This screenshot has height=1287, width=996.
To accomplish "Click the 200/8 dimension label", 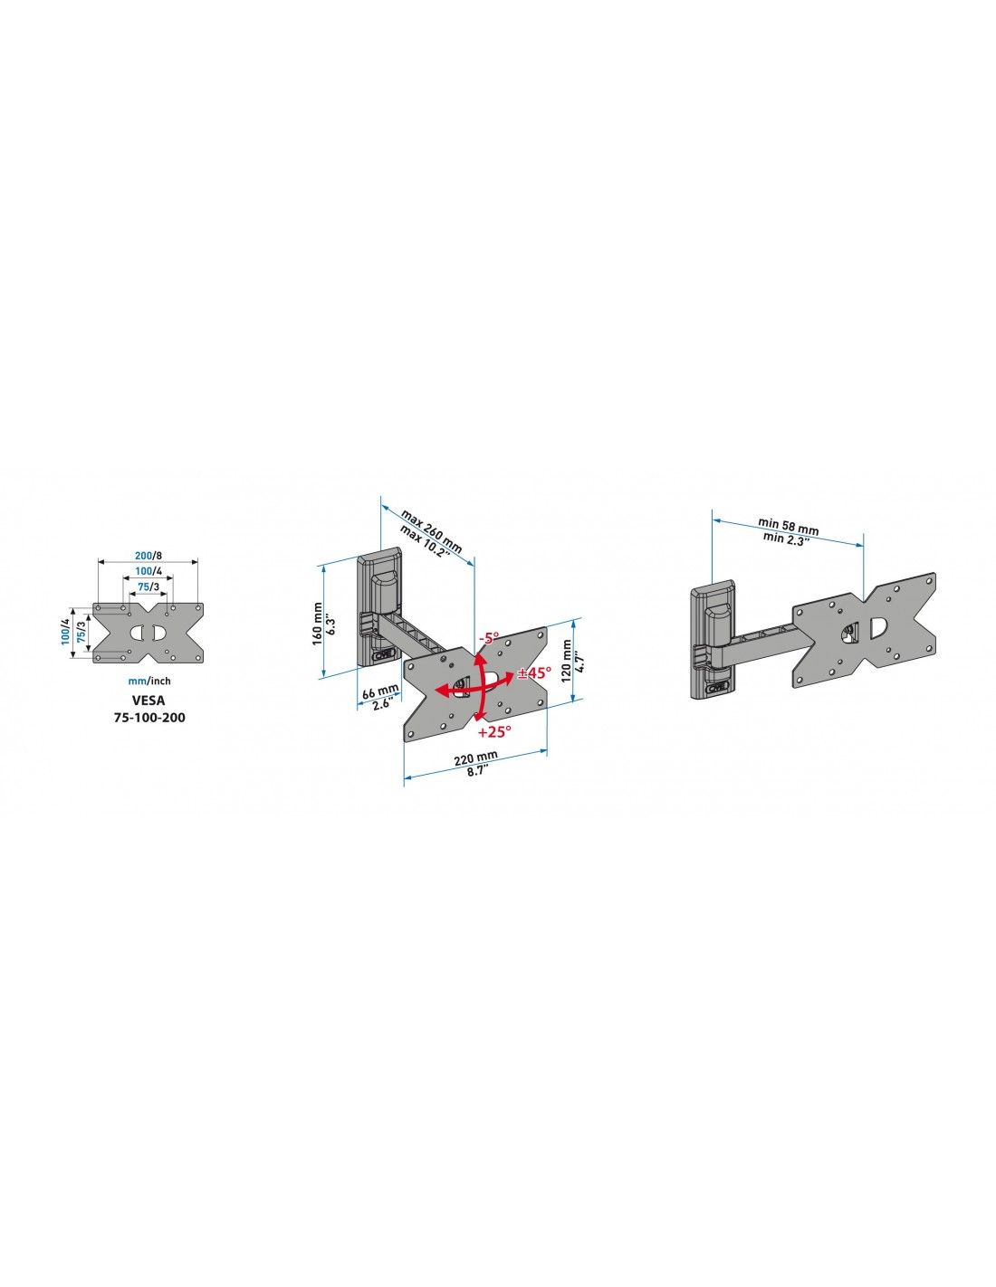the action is pos(148,556).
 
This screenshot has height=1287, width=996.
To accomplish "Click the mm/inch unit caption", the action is pos(149,682).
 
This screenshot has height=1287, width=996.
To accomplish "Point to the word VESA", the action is pos(148,700).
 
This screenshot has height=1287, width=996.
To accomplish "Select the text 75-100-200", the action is pos(149,718).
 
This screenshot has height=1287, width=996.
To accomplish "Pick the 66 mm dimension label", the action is pos(379,691).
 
